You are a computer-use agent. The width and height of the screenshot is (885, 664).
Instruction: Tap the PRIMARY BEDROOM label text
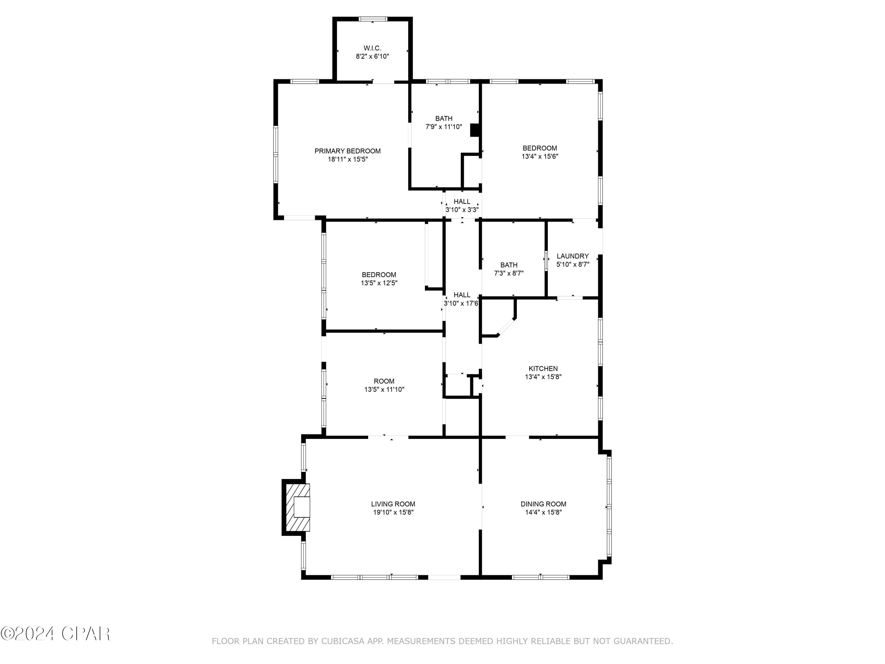click(x=347, y=151)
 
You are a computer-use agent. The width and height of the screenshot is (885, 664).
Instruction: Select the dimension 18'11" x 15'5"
click(x=347, y=159)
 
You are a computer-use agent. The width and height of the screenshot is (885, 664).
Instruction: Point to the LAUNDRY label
click(x=573, y=256)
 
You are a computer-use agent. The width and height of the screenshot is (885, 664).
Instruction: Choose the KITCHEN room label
click(x=543, y=369)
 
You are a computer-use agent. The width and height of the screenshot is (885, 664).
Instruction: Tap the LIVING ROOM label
click(x=393, y=504)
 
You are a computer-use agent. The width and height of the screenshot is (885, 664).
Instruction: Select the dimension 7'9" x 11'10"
click(x=443, y=127)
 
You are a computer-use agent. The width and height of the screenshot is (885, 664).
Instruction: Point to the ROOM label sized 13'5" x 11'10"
click(x=384, y=381)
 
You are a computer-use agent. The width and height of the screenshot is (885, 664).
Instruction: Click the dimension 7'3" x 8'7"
click(x=509, y=273)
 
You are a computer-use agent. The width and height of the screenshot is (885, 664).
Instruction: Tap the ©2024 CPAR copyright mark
click(x=55, y=634)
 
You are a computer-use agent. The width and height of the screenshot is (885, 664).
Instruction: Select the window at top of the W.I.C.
click(x=373, y=19)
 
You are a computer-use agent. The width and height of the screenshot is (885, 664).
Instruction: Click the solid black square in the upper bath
click(x=475, y=130)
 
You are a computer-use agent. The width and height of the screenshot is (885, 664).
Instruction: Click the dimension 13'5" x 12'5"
click(x=379, y=283)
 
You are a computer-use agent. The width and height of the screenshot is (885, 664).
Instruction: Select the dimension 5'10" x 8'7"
click(x=573, y=264)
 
